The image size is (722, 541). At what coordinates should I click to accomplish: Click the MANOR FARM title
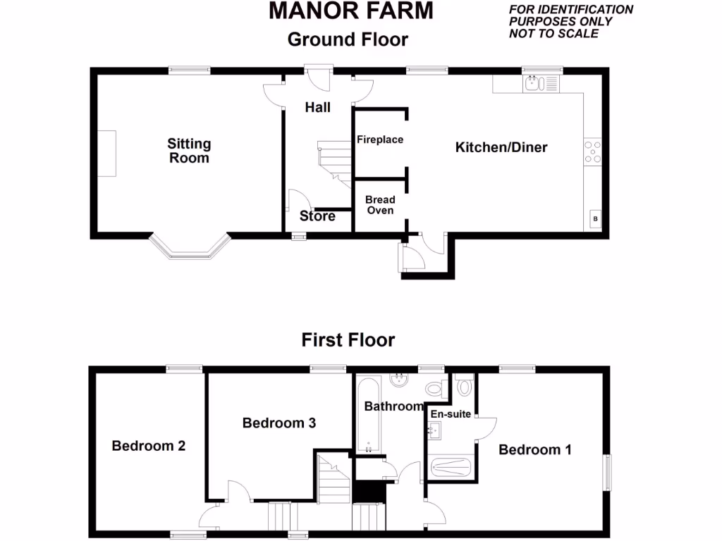click(350, 11)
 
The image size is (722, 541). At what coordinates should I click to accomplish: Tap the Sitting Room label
click(189, 151)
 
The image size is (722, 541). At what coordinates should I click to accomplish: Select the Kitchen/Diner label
click(501, 147)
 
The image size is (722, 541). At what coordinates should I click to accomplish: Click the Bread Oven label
click(380, 205)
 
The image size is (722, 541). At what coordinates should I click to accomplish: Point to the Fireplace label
click(380, 139)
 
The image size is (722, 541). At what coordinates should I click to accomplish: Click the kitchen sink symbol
click(539, 85)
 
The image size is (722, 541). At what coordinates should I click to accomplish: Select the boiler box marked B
click(595, 220)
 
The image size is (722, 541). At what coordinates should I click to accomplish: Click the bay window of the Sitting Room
click(189, 247)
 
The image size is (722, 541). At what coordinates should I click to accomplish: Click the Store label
click(317, 216)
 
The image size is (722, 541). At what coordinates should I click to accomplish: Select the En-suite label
click(451, 413)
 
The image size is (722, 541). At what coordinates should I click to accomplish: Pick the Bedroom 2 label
click(149, 446)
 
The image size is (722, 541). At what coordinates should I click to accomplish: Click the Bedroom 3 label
click(279, 423)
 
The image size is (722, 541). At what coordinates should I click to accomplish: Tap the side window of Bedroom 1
click(607, 471)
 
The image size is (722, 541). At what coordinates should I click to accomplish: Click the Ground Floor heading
click(348, 39)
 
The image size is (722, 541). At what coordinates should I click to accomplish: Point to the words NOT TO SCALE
click(553, 33)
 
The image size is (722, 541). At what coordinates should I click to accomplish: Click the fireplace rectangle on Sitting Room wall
click(106, 154)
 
